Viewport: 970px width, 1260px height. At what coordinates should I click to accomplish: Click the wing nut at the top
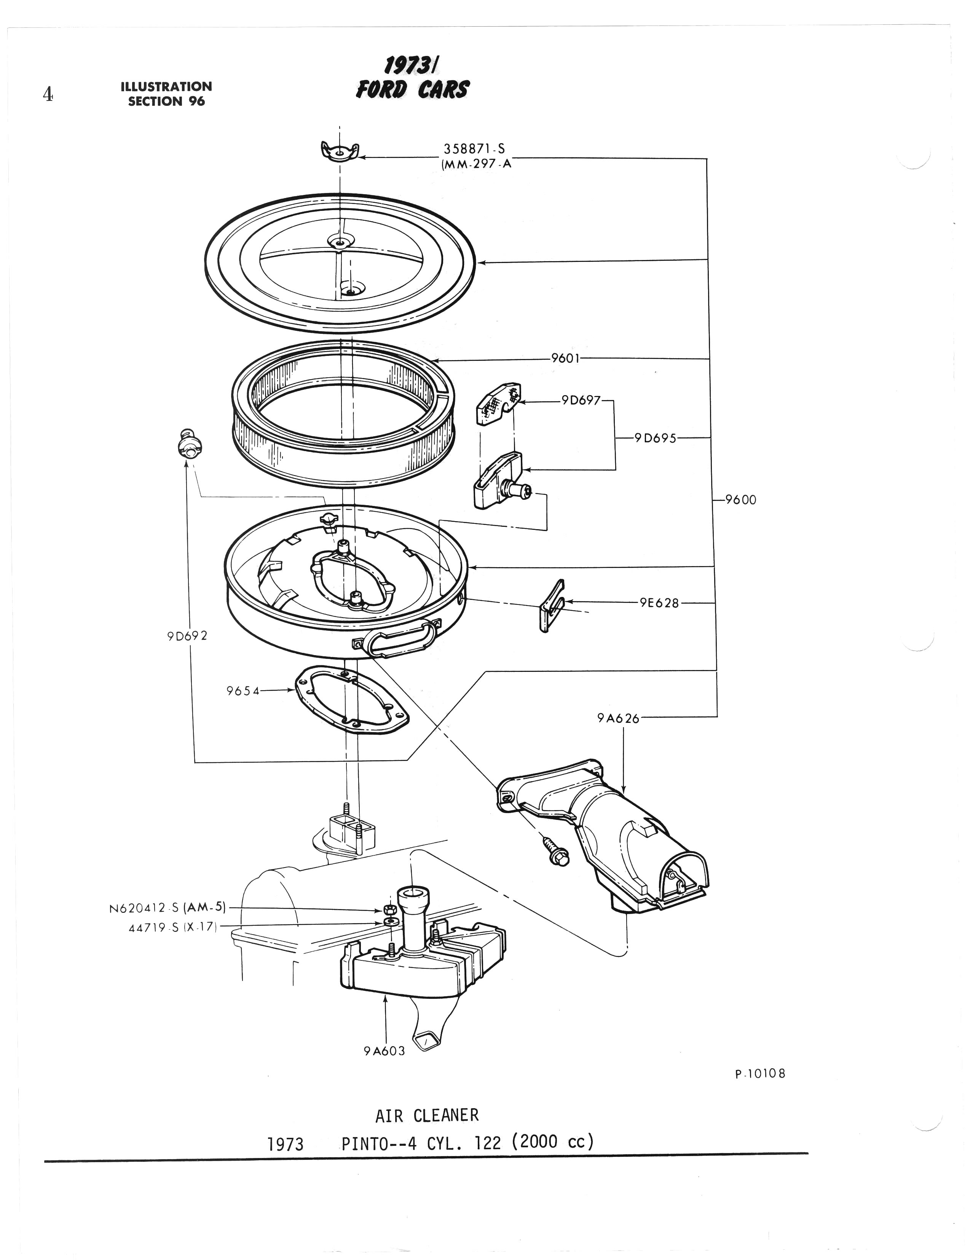coord(340,152)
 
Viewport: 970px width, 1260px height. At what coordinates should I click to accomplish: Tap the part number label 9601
coord(565,358)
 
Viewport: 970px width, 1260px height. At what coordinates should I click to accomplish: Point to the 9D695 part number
coord(655,437)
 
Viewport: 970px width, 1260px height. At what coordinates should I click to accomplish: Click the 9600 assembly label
coord(740,499)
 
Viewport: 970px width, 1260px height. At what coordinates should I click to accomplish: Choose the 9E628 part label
coord(659,603)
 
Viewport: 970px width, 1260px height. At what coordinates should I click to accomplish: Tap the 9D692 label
coord(187,636)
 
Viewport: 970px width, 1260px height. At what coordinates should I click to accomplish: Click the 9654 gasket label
coord(243,690)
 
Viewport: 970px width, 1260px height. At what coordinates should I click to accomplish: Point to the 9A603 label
coord(384,1051)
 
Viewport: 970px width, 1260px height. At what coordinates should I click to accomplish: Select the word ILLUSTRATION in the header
coord(166,86)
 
